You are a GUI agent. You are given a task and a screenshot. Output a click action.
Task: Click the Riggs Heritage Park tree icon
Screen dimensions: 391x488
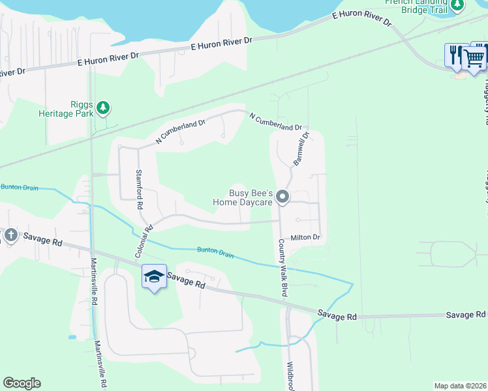pyautogui.click(x=102, y=107)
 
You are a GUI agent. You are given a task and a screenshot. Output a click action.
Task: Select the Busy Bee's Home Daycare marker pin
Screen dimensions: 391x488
pyautogui.click(x=282, y=196)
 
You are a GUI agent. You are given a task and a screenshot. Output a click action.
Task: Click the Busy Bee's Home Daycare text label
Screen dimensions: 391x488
pyautogui.click(x=241, y=197)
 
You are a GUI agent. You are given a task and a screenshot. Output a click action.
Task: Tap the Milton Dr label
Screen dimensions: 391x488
pyautogui.click(x=306, y=238)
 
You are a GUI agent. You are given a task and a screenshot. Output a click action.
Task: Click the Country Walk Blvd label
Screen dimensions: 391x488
pyautogui.click(x=283, y=268)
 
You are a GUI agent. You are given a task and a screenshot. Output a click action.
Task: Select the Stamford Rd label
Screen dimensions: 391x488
pyautogui.click(x=140, y=188)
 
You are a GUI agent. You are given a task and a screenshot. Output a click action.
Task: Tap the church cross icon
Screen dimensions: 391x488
pyautogui.click(x=10, y=235)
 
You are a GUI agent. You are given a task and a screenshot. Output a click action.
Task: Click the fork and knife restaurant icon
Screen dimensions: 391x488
pyautogui.click(x=455, y=55)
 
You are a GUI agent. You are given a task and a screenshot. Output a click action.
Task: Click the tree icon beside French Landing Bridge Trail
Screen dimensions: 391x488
pyautogui.click(x=457, y=5)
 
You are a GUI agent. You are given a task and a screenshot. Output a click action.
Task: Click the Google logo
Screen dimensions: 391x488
pyautogui.click(x=22, y=383)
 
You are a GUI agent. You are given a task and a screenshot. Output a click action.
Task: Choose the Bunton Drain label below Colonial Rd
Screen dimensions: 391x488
pyautogui.click(x=215, y=252)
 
